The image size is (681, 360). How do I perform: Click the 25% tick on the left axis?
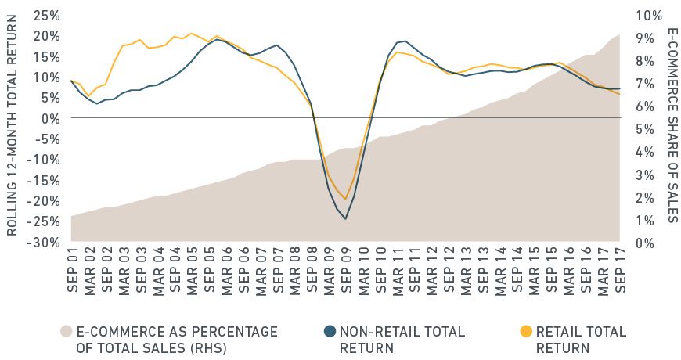(x=46, y=15)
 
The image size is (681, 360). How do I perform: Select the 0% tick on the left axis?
(x=50, y=117)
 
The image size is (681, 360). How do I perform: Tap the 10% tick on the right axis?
(x=649, y=15)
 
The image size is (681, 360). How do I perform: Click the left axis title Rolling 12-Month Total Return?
(x=13, y=129)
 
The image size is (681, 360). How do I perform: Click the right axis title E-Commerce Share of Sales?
(x=672, y=125)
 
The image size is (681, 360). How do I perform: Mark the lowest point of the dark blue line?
(x=345, y=218)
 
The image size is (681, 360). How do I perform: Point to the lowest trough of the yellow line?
(x=345, y=199)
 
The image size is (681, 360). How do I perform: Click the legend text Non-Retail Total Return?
(x=402, y=339)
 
